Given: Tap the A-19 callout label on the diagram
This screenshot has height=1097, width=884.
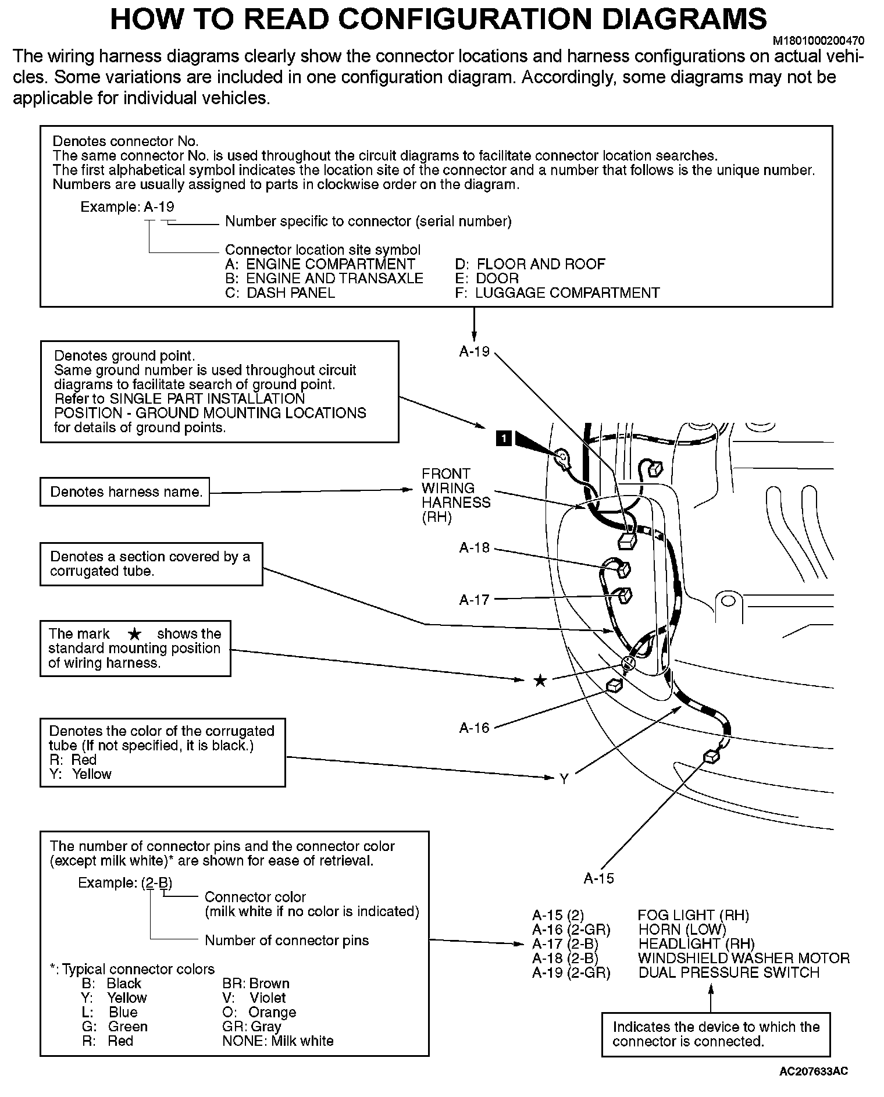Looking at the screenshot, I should click(x=475, y=351).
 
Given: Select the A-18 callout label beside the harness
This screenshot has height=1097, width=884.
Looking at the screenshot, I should click(x=475, y=547).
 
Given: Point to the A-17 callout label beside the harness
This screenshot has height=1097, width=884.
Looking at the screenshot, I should click(x=475, y=600).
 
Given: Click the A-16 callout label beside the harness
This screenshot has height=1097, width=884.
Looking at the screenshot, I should click(x=475, y=728).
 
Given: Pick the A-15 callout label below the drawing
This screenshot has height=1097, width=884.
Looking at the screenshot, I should click(x=599, y=878).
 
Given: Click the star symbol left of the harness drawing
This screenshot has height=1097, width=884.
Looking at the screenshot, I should click(x=540, y=681).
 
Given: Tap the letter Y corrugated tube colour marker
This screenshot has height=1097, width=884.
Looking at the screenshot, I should click(x=564, y=779).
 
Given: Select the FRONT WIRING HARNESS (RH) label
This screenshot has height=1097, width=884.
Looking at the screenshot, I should click(x=455, y=496).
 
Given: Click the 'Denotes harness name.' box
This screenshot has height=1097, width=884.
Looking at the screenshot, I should click(x=125, y=492).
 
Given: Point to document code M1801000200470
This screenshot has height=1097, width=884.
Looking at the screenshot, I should click(x=818, y=41).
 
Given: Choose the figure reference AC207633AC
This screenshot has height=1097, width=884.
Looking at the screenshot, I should click(x=814, y=1071).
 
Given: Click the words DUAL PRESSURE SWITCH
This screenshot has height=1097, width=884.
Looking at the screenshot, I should click(x=729, y=973).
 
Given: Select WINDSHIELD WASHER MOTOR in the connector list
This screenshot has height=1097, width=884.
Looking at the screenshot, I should click(x=744, y=958).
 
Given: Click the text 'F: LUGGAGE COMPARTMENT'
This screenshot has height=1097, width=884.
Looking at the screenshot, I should click(x=557, y=293).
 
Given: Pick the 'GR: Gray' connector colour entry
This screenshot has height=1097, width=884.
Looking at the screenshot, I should click(x=251, y=1027).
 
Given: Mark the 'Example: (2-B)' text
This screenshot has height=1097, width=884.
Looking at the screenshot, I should click(x=125, y=882).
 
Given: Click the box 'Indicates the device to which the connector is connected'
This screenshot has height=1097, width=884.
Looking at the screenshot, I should click(x=716, y=1034).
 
